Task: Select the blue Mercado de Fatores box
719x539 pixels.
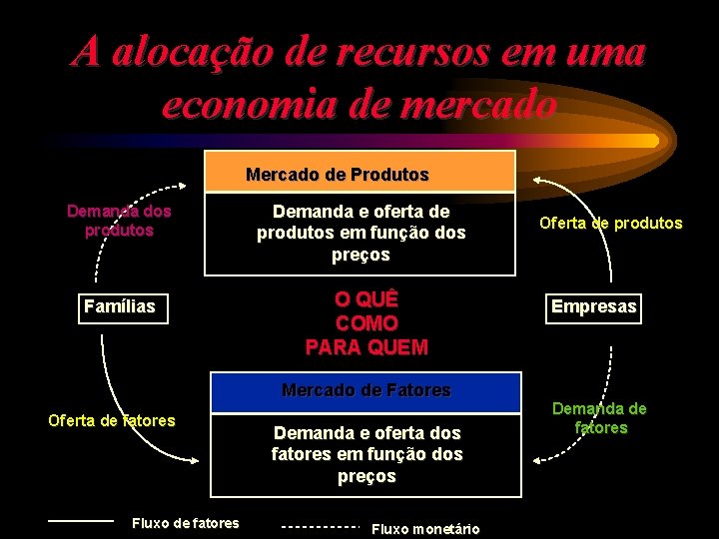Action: coord(365,391)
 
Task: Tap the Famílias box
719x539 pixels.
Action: coord(119,306)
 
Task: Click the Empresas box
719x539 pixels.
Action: coord(593,306)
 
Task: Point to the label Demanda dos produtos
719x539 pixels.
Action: coord(119,221)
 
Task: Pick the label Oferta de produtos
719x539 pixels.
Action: coord(610,224)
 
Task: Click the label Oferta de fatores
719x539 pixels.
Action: coord(112,420)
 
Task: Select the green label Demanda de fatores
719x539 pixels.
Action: coord(599,418)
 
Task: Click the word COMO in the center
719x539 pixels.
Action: coord(366,323)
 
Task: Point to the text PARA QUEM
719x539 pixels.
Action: coord(366,347)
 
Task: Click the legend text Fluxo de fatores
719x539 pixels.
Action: coord(186,523)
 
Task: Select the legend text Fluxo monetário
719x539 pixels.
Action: coord(424,529)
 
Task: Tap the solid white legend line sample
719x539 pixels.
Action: coord(81,520)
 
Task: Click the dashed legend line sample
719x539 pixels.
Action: coord(320,526)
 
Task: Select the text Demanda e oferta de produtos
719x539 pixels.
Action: coord(360,234)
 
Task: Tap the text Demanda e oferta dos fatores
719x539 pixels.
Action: coord(366,454)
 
